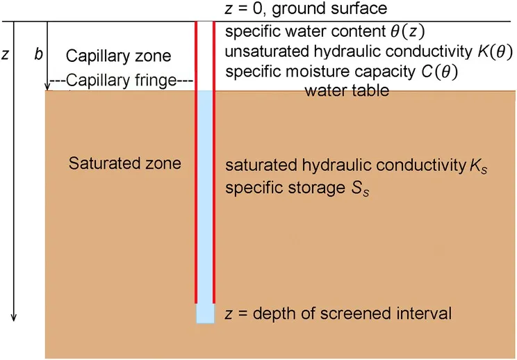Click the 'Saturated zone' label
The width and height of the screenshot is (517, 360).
click(x=125, y=164)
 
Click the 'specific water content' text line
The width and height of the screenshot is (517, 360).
click(x=325, y=31)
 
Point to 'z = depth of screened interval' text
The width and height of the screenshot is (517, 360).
click(x=338, y=314)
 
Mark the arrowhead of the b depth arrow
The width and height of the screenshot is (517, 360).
click(x=47, y=87)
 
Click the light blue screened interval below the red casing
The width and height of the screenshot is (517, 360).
click(x=204, y=313)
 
